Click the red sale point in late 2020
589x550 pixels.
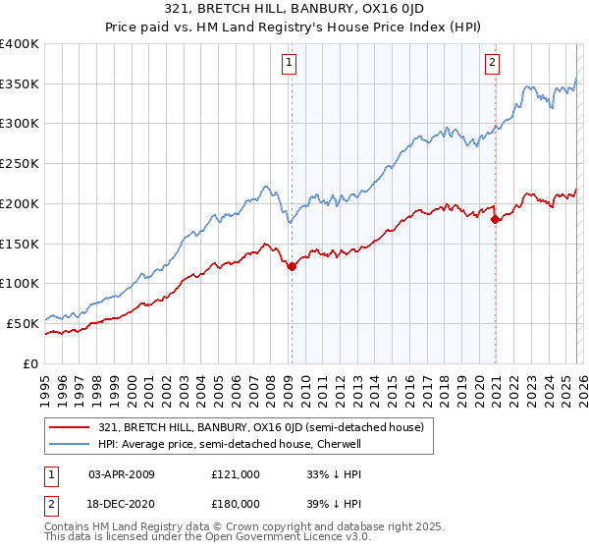point(495,220)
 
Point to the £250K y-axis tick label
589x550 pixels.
point(20,163)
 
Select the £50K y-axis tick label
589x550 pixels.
point(23,322)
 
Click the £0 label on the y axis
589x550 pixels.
point(31,362)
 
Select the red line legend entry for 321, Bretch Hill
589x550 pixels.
point(260,427)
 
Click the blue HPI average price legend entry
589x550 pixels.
point(231,444)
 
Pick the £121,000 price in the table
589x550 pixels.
point(235,474)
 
